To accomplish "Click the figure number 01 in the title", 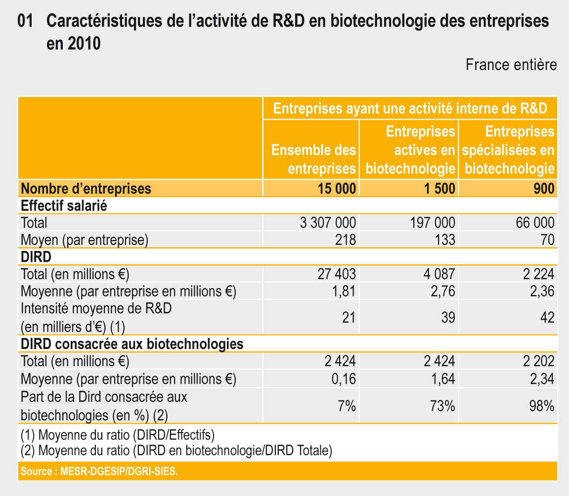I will click(25, 21).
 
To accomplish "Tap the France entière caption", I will click(511, 65).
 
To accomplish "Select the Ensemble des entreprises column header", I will click(314, 159).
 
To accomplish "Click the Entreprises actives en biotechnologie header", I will click(410, 150).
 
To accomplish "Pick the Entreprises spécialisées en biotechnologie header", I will click(509, 150).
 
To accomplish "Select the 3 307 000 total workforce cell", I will click(328, 223).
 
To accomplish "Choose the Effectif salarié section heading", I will click(64, 205).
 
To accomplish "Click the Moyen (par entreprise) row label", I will click(85, 240).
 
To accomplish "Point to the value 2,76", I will click(442, 291).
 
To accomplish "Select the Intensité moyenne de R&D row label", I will click(96, 309).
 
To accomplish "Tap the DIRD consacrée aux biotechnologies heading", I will click(132, 344).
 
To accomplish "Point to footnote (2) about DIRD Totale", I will click(176, 450).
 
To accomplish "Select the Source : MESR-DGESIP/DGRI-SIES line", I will click(99, 471).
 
